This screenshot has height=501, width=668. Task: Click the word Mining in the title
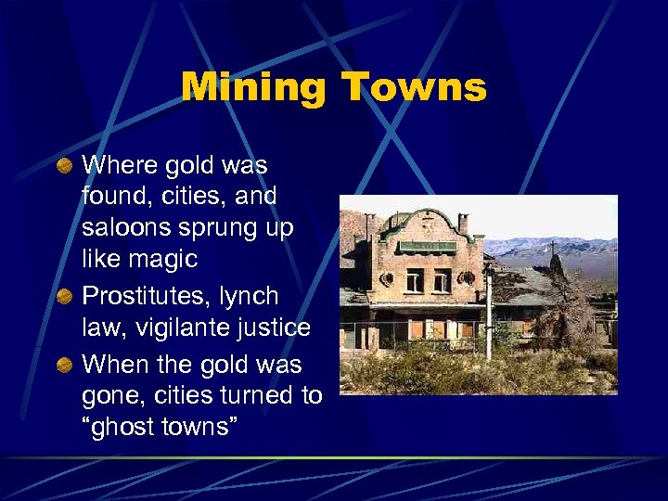[253, 88]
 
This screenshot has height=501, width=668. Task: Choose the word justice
[269, 328]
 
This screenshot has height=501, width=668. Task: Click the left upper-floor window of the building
[414, 278]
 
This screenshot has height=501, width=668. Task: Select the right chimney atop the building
[464, 225]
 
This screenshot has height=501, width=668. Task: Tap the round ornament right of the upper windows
[468, 277]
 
